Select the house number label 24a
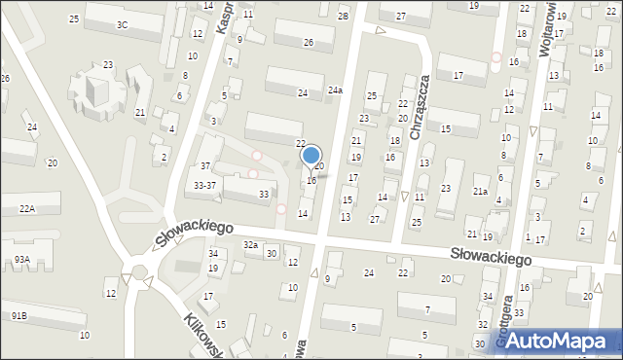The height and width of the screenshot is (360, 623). point(335,90)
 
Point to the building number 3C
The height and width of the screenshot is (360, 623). point(122,24)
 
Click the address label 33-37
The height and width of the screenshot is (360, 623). point(204,185)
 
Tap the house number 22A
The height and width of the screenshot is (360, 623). point(25,208)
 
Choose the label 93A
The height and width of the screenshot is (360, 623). point(21,260)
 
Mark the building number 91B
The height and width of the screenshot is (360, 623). point(19,316)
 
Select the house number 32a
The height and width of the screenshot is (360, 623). point(251,245)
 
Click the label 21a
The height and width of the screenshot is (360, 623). point(480,192)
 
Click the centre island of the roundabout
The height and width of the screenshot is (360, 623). point(137,272)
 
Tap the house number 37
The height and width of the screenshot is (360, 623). point(204,166)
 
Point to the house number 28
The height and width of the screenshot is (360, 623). point(343,17)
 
